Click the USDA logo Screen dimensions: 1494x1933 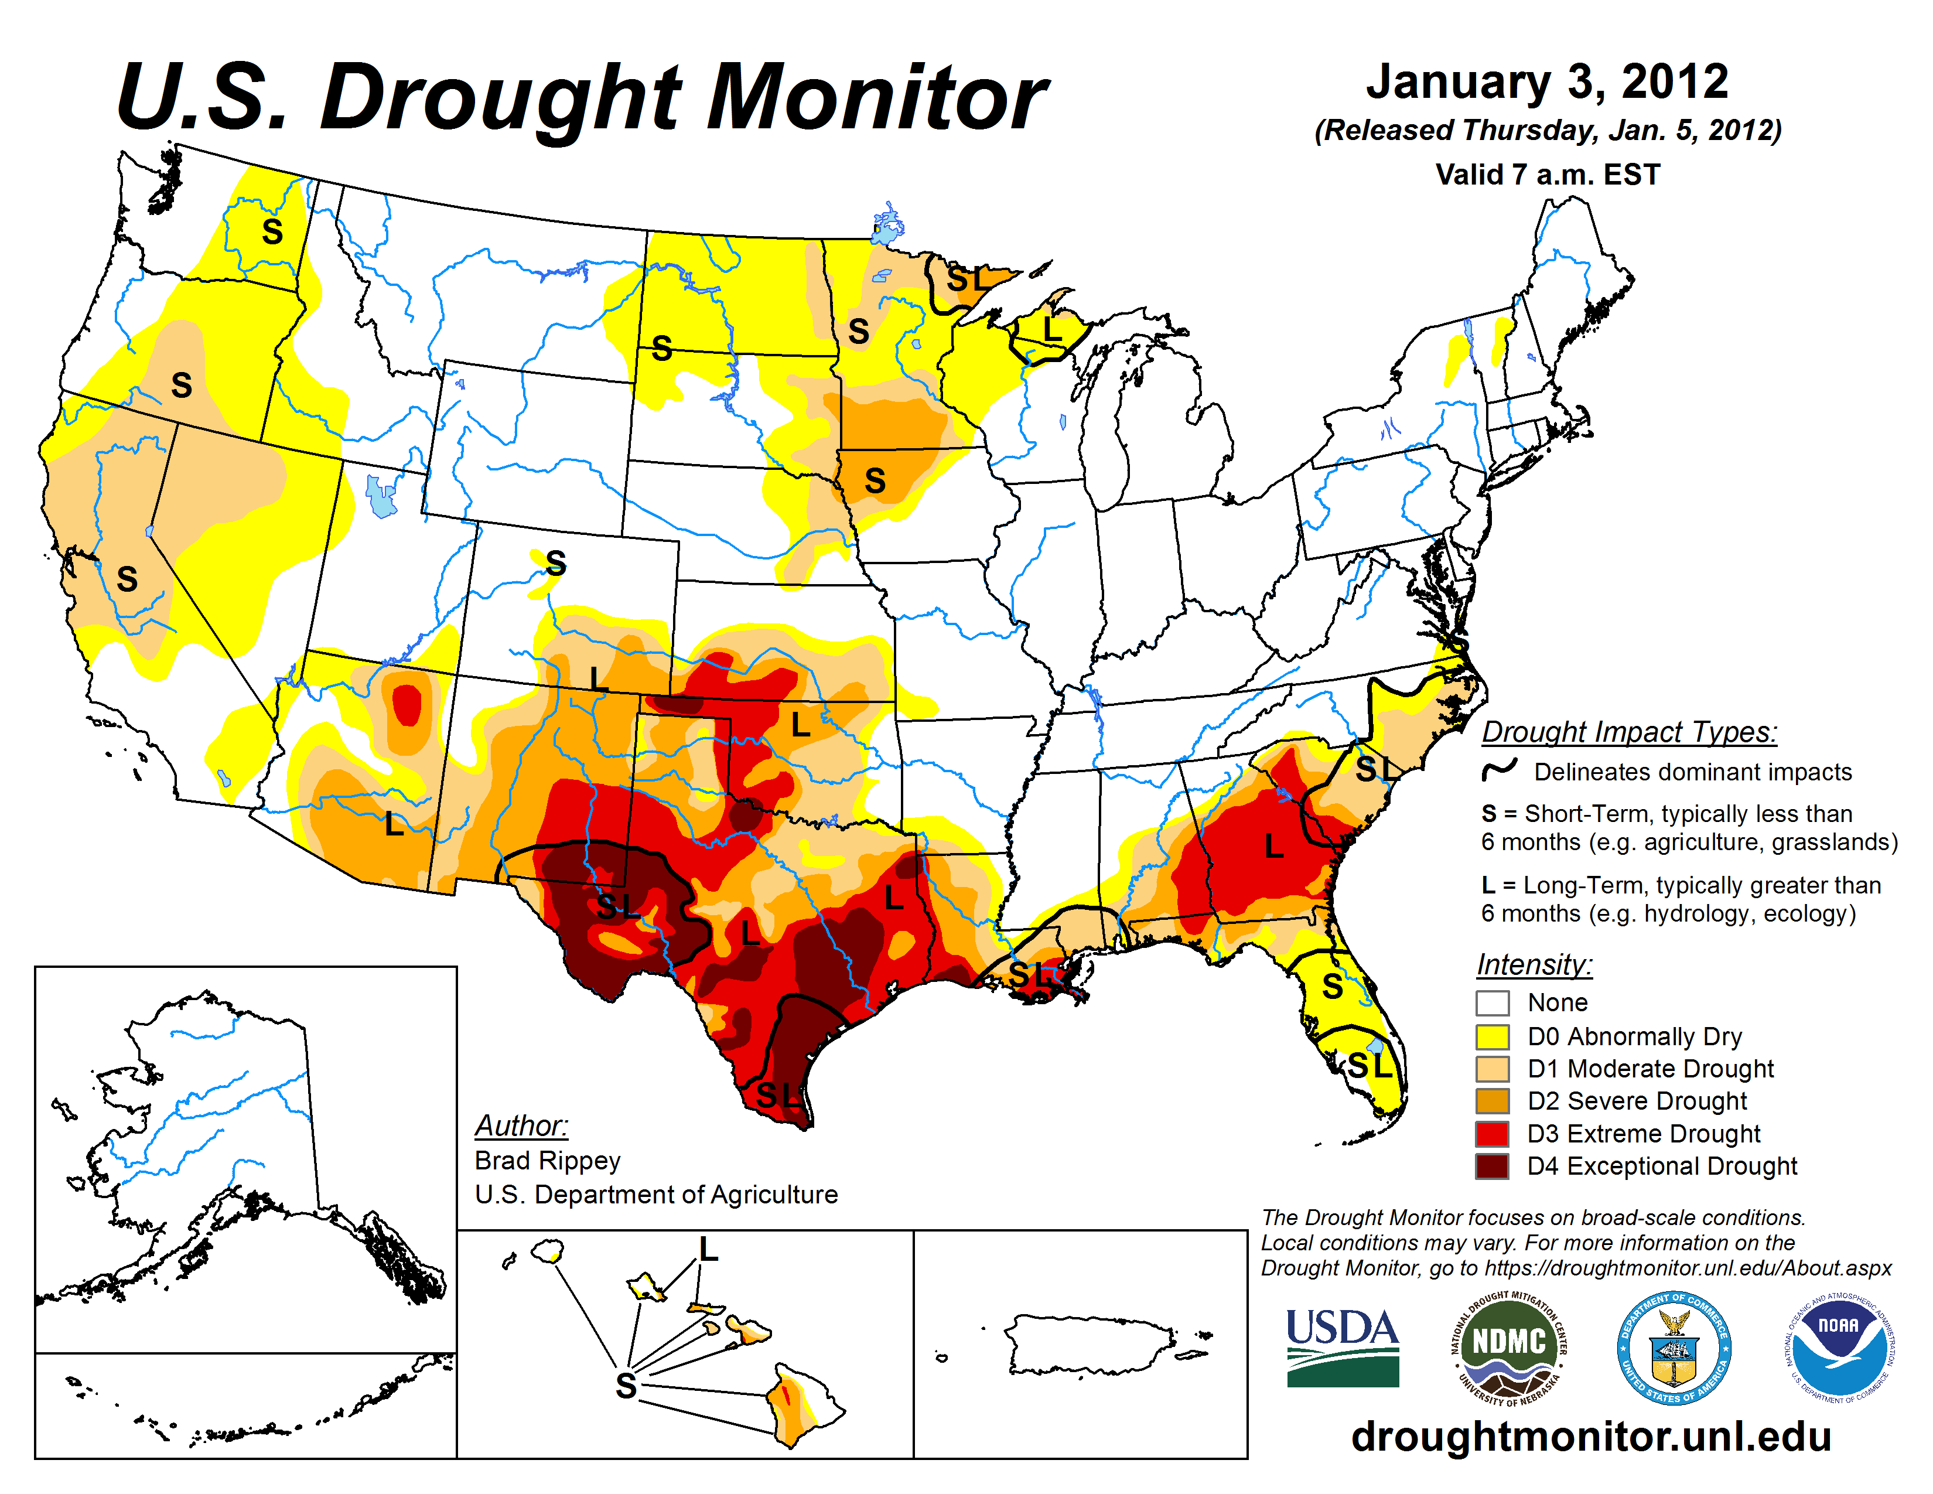(1342, 1347)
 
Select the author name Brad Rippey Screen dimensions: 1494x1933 (547, 1160)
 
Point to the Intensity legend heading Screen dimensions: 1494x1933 (1534, 964)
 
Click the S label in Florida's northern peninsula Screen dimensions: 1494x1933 (1332, 986)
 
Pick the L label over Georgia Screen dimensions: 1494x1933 (1273, 847)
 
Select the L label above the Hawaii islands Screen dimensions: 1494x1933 (708, 1250)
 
